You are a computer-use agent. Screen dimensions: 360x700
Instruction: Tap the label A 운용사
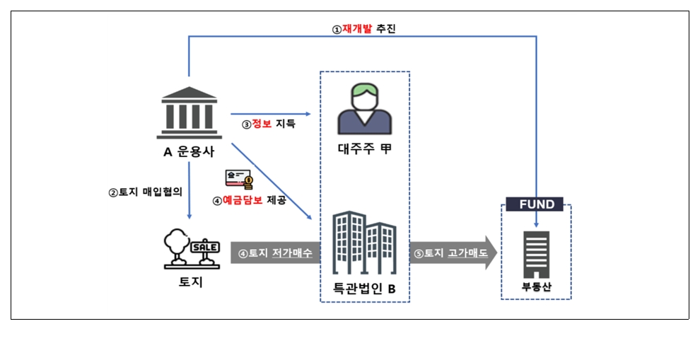[189, 151]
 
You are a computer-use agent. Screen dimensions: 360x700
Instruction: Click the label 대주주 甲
[364, 150]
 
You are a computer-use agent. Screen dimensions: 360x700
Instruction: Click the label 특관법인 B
[364, 289]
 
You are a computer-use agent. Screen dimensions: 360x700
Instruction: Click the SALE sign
[206, 248]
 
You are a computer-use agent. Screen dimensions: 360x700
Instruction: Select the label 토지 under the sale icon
[191, 283]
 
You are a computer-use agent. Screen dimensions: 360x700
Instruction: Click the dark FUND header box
[537, 204]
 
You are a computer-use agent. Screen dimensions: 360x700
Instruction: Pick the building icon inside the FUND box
[536, 252]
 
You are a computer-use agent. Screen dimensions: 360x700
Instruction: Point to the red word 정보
[262, 124]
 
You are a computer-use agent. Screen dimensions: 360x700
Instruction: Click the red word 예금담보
[243, 200]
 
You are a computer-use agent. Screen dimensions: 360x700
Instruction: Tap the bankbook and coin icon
[239, 180]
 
